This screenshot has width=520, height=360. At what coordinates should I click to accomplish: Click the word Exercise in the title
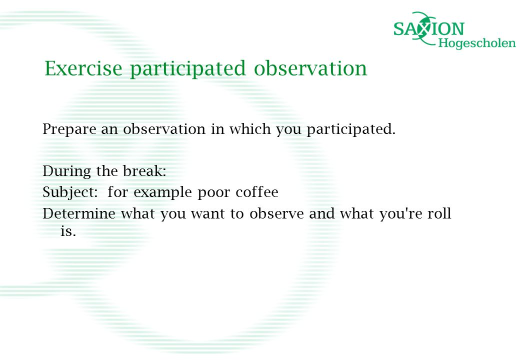click(x=83, y=68)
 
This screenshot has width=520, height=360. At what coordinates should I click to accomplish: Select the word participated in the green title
click(x=187, y=69)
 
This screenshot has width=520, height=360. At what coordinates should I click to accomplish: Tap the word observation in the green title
click(x=310, y=68)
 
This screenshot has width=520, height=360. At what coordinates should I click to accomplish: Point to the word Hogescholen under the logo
click(x=477, y=43)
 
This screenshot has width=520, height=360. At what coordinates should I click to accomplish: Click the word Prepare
click(x=69, y=129)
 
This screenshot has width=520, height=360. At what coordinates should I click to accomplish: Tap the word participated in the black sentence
click(x=351, y=129)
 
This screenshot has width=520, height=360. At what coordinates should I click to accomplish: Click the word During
click(x=66, y=171)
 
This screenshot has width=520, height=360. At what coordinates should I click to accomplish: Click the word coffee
click(x=257, y=192)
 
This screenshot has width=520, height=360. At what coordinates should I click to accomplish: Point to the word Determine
click(x=79, y=214)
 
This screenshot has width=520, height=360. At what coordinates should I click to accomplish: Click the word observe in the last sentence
click(x=276, y=213)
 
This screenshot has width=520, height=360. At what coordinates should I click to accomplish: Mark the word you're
click(x=400, y=214)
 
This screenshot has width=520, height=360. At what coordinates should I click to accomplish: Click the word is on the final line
click(x=68, y=231)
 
